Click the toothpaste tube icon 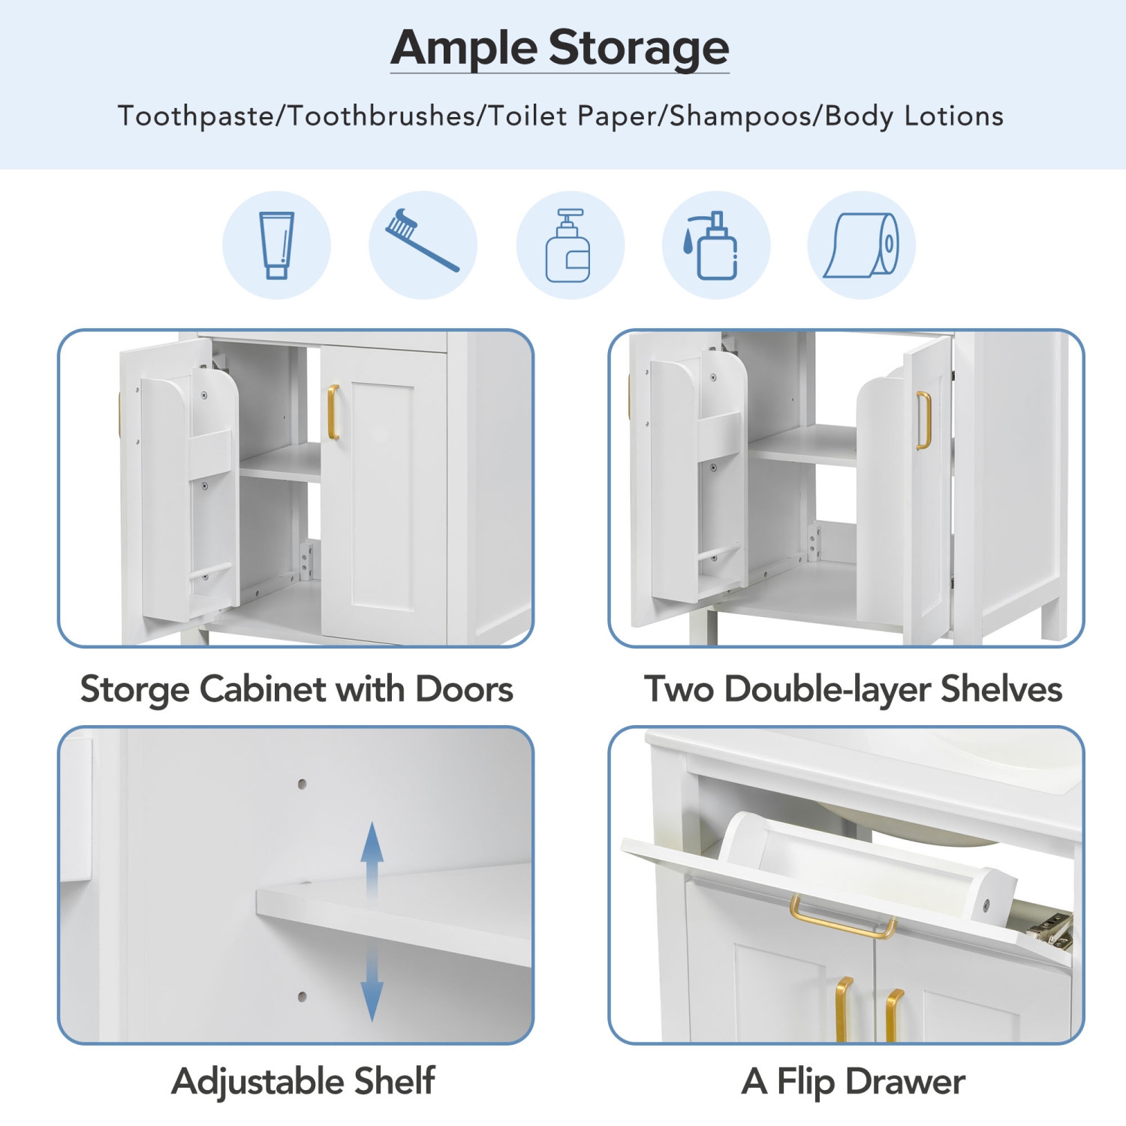(276, 245)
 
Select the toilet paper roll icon (862, 245)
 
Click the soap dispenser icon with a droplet (714, 246)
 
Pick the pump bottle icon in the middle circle (568, 246)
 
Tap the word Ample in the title (462, 48)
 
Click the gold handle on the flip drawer (842, 920)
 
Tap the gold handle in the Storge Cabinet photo (333, 412)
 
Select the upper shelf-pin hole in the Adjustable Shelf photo (302, 784)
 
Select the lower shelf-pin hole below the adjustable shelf (302, 997)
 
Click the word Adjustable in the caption (257, 1081)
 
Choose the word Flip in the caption (805, 1082)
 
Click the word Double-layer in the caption (827, 689)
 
